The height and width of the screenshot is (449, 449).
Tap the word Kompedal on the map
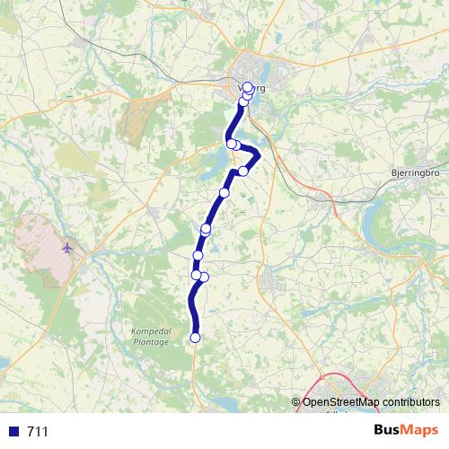[149, 330]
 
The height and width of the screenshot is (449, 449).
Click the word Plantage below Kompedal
[149, 340]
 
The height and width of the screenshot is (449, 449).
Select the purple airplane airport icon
[69, 247]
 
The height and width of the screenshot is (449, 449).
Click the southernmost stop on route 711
[196, 338]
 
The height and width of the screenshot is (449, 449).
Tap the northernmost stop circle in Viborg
[248, 88]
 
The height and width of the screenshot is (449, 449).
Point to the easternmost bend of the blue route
[259, 156]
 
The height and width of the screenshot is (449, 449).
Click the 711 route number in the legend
[38, 432]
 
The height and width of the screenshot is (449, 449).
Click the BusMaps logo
[407, 431]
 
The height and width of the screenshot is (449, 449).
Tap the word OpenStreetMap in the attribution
[338, 401]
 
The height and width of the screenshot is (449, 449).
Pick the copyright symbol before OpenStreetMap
[297, 401]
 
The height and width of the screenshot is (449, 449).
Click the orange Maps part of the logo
[421, 431]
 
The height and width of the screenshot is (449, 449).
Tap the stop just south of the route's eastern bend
[243, 171]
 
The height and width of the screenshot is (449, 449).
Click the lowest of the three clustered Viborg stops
[242, 101]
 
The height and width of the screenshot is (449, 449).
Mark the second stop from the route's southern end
[204, 277]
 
